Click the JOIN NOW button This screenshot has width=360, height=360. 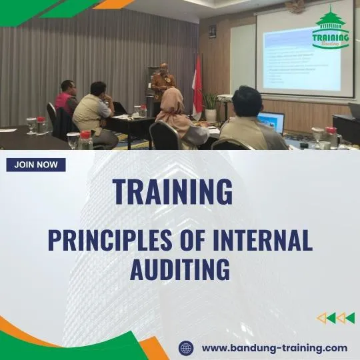tap(36, 165)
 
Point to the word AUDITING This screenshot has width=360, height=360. tap(180, 270)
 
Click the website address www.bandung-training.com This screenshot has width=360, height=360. tap(274, 347)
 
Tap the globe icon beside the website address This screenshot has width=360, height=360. tap(186, 347)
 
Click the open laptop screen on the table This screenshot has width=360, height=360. tap(272, 121)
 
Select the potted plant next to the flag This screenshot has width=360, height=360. tap(211, 104)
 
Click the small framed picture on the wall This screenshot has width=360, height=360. tap(212, 31)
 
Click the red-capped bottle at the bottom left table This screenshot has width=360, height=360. tap(85, 139)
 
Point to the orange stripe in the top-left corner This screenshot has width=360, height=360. tap(113, 4)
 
